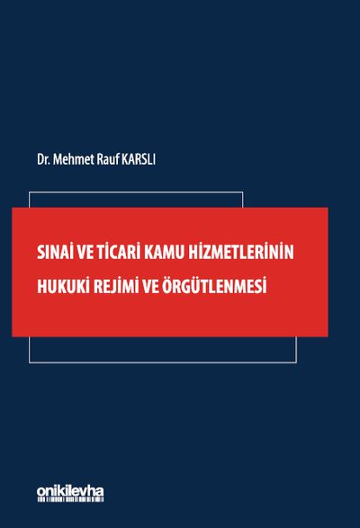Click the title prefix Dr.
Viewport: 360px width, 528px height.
click(x=43, y=159)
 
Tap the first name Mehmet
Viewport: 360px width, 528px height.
click(x=73, y=159)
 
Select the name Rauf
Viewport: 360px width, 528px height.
click(x=107, y=159)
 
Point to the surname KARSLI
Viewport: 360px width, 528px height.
click(x=139, y=159)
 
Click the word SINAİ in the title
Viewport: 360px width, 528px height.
click(x=56, y=252)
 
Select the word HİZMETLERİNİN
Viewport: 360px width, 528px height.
click(x=241, y=252)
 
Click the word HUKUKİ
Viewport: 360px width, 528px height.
click(x=59, y=286)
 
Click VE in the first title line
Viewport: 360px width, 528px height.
click(x=85, y=253)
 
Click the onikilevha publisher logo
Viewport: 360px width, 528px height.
click(x=70, y=493)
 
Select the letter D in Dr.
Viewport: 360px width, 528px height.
click(x=40, y=159)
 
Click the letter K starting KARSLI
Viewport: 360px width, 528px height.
click(x=124, y=159)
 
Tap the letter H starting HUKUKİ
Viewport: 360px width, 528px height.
click(x=41, y=287)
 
